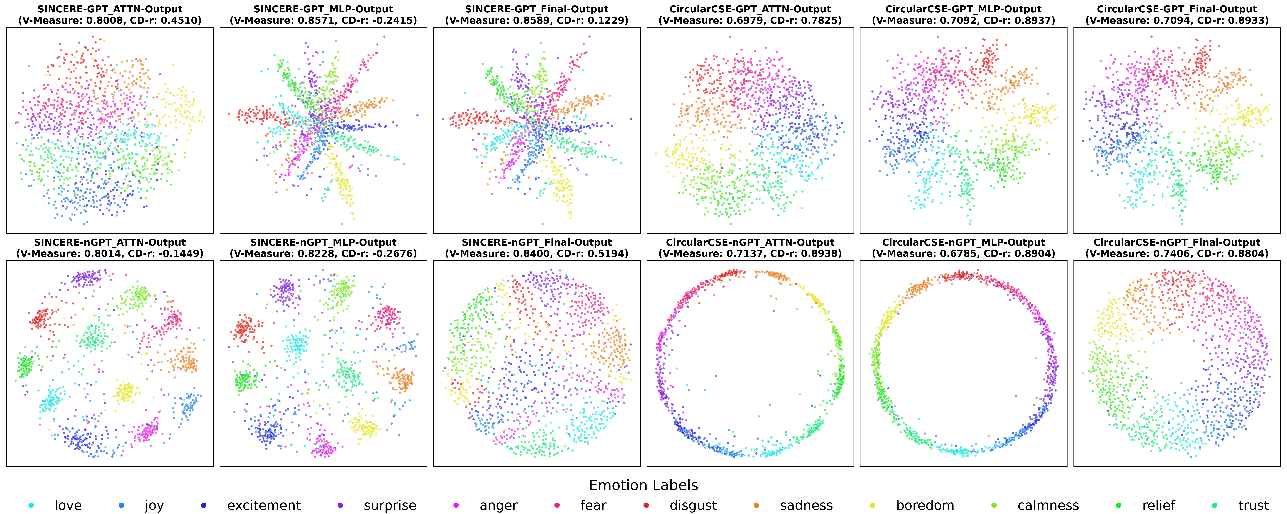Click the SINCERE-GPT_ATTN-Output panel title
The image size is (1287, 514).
coord(110,9)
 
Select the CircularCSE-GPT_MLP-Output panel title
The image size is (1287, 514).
coord(963,9)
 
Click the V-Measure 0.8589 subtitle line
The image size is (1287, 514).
coord(537,20)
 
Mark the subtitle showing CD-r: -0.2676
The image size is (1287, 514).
coord(323,254)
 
